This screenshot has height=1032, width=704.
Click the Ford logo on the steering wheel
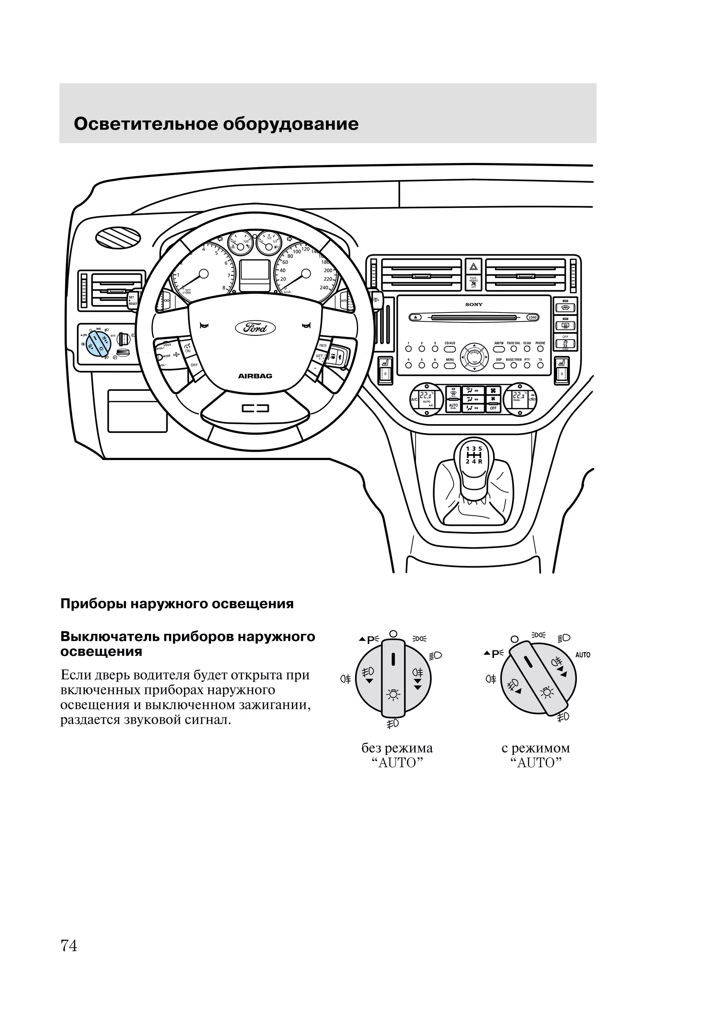pyautogui.click(x=255, y=328)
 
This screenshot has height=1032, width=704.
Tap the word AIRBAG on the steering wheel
pyautogui.click(x=255, y=376)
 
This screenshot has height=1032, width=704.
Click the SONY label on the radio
pyautogui.click(x=473, y=305)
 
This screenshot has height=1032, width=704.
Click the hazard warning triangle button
pyautogui.click(x=473, y=267)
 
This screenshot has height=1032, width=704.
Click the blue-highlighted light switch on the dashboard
pyautogui.click(x=96, y=343)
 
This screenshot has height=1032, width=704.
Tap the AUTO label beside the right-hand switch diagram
pyautogui.click(x=583, y=655)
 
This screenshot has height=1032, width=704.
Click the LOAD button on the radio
pyautogui.click(x=532, y=318)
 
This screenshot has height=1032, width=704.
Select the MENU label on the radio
pyautogui.click(x=450, y=360)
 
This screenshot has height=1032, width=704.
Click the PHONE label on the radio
pyautogui.click(x=540, y=343)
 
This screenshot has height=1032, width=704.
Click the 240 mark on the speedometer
pyautogui.click(x=324, y=288)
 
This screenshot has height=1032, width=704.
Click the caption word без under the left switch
pyautogui.click(x=371, y=748)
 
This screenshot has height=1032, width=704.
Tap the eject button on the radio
pyautogui.click(x=416, y=318)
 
